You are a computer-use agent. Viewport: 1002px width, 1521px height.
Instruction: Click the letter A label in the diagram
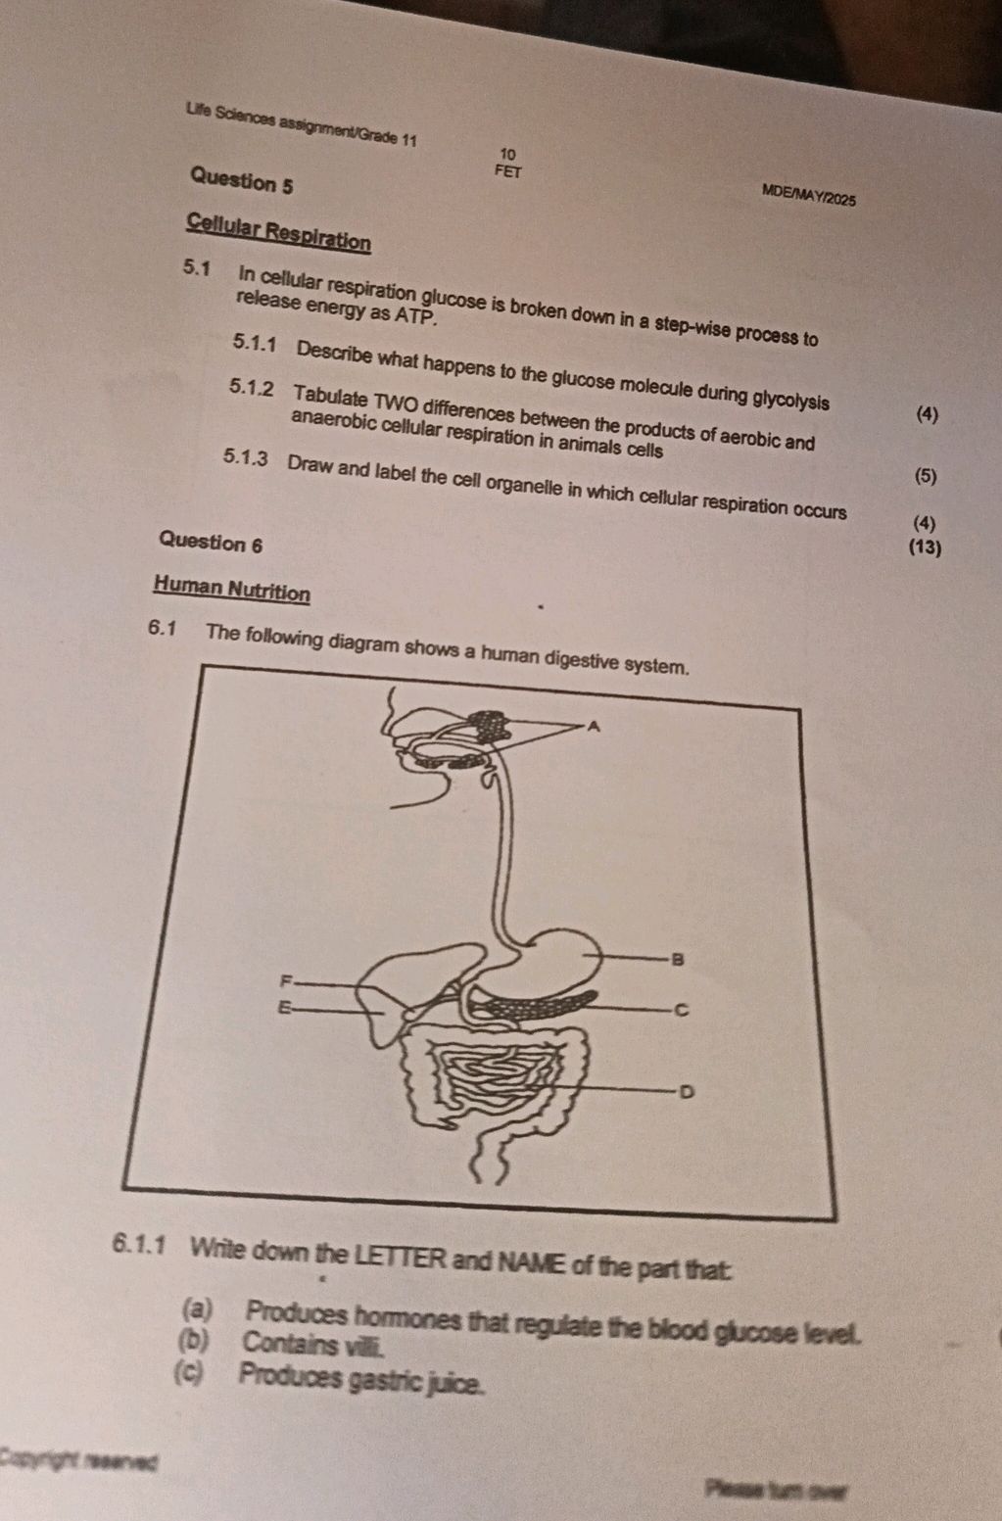(x=594, y=727)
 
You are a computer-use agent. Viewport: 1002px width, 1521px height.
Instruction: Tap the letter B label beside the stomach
(x=677, y=960)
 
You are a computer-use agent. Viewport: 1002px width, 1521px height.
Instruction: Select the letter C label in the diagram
(x=682, y=1011)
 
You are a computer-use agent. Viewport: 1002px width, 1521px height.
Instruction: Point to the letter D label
(x=688, y=1093)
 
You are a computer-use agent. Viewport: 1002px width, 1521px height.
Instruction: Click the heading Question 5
(x=242, y=180)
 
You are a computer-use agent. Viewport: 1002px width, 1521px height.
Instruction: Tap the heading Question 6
(x=211, y=543)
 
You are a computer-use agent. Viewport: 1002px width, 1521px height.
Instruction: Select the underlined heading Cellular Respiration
(x=279, y=232)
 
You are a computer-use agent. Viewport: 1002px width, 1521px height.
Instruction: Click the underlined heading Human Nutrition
(x=232, y=589)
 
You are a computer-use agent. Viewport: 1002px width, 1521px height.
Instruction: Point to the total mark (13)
(x=925, y=547)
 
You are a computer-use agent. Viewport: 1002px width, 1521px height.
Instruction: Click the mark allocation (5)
(x=926, y=476)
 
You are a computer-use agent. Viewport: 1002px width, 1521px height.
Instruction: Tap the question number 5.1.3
(x=246, y=458)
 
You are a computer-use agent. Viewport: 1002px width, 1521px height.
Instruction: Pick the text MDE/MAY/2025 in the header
(x=808, y=195)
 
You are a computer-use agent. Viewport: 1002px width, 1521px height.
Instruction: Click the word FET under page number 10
(x=508, y=171)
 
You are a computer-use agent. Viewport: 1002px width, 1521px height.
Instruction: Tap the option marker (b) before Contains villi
(x=194, y=1341)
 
